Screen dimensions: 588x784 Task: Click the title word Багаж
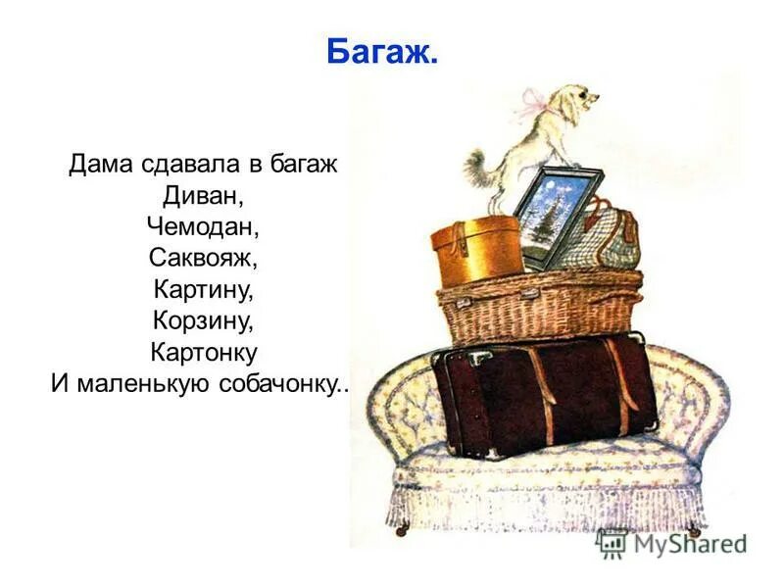tap(381, 52)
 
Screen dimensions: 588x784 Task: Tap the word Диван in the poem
tap(203, 195)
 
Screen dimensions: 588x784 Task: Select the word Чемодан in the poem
tap(203, 226)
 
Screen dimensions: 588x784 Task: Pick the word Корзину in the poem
tap(203, 320)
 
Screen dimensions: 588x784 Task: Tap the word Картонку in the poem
tap(203, 351)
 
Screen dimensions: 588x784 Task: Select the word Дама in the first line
tap(97, 164)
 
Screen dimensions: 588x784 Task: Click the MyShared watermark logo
tap(670, 542)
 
